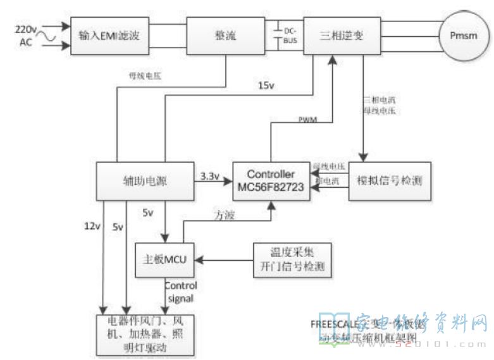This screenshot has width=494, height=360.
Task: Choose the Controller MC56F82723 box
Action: click(x=271, y=182)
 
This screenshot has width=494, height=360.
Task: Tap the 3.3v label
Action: click(x=209, y=175)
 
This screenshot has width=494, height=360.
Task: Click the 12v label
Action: click(x=92, y=225)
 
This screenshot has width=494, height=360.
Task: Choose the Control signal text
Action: click(x=180, y=291)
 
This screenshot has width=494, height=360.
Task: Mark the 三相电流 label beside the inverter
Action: click(x=377, y=100)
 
